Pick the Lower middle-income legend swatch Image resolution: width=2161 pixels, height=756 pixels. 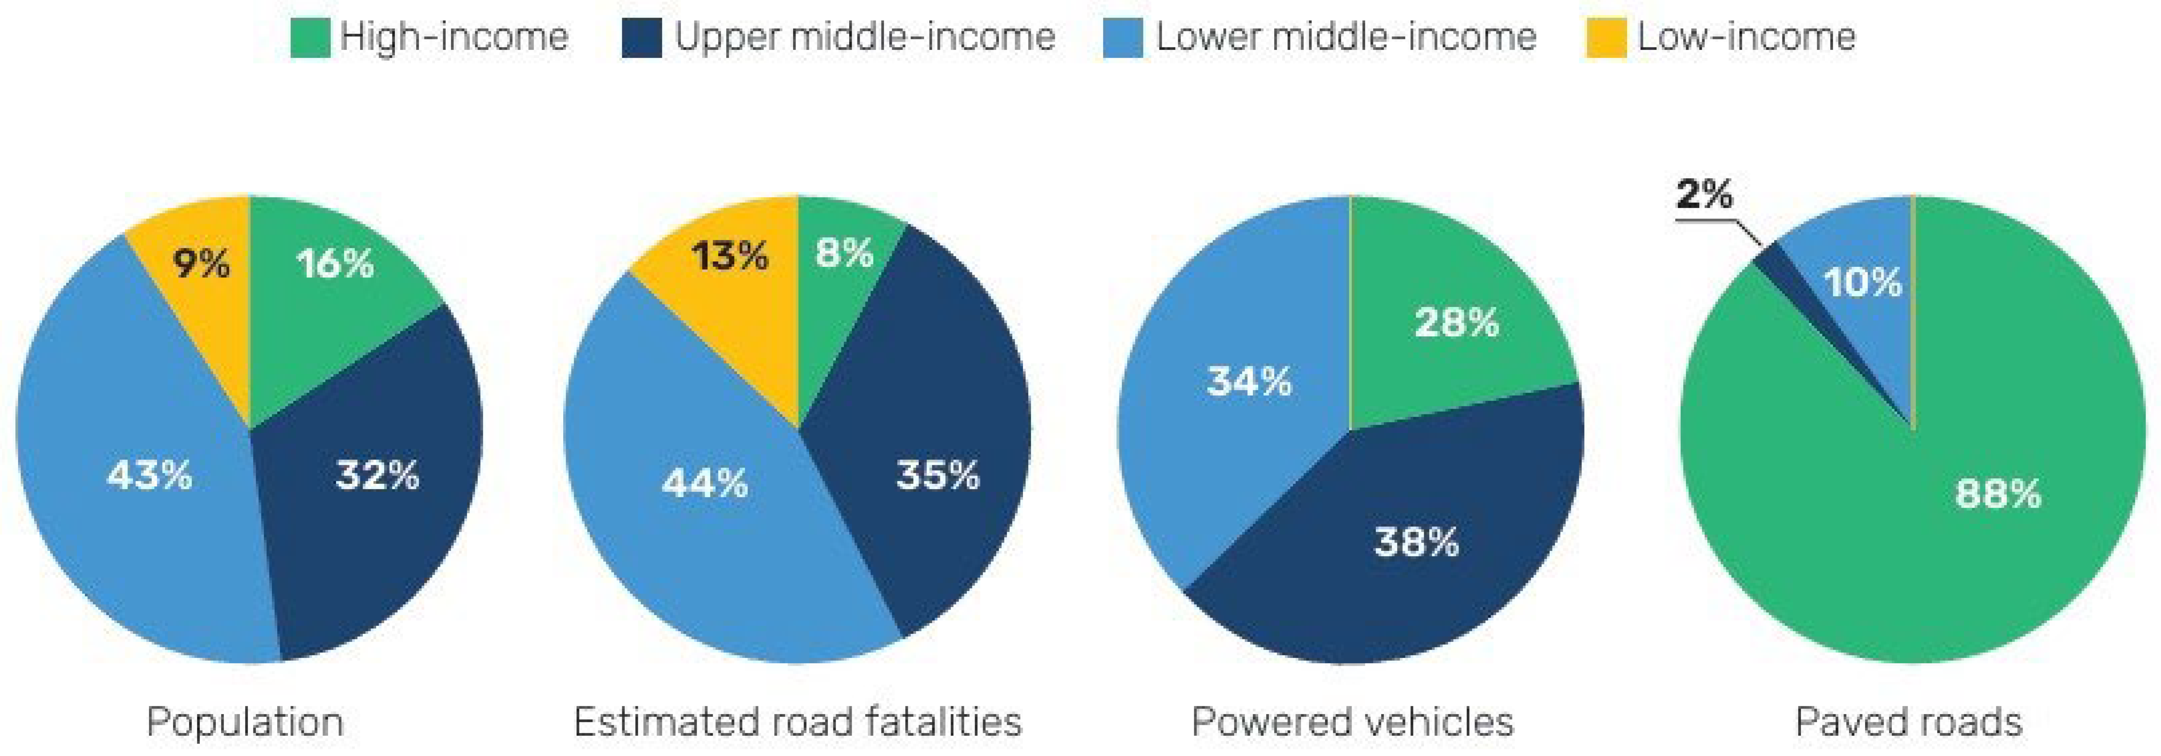tap(1123, 38)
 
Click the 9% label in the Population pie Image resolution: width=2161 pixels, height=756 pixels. tap(201, 264)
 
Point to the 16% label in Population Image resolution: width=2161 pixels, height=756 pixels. tap(335, 264)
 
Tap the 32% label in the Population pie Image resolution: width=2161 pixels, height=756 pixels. tap(378, 475)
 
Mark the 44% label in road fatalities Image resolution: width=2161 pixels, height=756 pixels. tap(705, 482)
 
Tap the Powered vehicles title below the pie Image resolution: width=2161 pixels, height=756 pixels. tap(1352, 721)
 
